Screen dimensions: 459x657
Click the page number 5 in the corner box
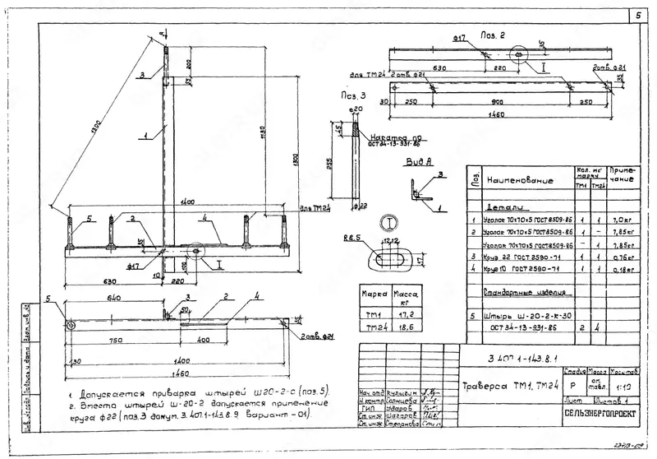[x=638, y=16]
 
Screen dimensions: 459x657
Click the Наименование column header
[x=519, y=179]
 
